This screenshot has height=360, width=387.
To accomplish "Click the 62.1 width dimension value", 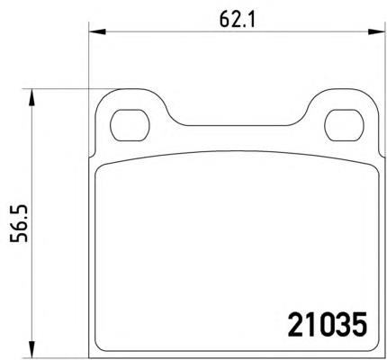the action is tap(237, 20).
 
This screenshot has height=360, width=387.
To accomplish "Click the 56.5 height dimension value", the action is tap(19, 224).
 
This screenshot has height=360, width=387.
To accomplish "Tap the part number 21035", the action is tap(327, 324).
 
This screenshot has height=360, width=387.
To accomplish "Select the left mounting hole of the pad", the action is tap(130, 125).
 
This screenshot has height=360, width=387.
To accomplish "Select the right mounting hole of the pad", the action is tap(345, 125).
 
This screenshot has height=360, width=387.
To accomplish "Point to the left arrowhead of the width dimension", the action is tap(97, 31).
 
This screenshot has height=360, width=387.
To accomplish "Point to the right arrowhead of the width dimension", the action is tap(376, 31).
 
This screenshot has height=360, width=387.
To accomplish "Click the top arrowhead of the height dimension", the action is tap(31, 97).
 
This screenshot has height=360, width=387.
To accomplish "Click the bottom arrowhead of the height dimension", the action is tap(31, 349).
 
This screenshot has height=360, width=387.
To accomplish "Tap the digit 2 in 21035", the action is tap(295, 324).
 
